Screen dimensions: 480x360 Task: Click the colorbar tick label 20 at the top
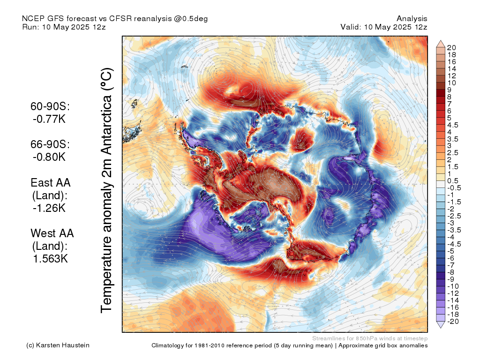point(451,48)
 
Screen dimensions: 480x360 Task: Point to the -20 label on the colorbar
point(453,322)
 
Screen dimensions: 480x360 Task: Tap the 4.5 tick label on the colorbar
point(453,125)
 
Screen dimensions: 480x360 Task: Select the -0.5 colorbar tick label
point(454,188)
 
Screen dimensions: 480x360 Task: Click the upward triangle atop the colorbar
point(441,44)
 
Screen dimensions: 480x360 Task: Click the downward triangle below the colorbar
point(441,325)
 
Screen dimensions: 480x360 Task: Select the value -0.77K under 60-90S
point(49,119)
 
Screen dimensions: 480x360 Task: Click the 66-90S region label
point(50,144)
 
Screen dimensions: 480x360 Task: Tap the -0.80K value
point(49,157)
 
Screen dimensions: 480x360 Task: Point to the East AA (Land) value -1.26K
point(49,208)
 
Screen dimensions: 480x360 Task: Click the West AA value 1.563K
point(50,259)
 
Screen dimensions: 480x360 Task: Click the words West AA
point(52,233)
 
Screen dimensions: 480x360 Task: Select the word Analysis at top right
point(412,19)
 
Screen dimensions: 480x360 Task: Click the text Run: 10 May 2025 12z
point(64,27)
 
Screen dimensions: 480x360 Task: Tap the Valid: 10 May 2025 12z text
point(384,27)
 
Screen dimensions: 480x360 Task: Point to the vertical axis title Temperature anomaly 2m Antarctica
point(107,190)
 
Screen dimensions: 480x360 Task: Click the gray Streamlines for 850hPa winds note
point(370,338)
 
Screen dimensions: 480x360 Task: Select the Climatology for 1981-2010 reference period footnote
point(242,345)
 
